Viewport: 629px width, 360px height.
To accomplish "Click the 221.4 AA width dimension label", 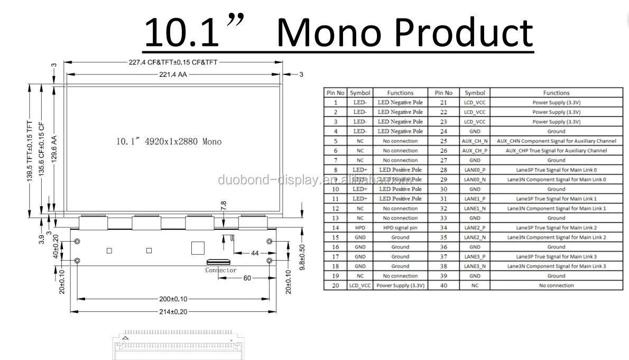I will (173, 75).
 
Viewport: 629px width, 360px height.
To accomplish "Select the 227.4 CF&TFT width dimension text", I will (173, 62).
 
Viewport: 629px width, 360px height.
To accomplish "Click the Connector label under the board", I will (221, 270).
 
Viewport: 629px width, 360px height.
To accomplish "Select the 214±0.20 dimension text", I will (173, 311).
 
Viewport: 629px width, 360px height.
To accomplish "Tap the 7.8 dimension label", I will (223, 206).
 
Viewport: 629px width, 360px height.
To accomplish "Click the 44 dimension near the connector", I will (255, 253).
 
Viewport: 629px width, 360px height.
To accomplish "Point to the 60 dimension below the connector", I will (247, 278).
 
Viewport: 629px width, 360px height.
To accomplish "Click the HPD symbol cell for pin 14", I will (360, 228).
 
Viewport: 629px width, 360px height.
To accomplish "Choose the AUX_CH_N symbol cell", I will (474, 141).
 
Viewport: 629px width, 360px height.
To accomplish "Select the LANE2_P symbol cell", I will (474, 228).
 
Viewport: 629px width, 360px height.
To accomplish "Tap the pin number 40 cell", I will (443, 285).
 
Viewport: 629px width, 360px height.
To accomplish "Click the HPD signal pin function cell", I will (400, 228).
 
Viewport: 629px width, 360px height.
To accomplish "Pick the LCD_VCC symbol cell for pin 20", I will (360, 285).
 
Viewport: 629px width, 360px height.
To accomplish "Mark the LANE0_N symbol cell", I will (474, 180).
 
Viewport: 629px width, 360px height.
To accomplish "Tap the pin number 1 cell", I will (335, 103).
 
